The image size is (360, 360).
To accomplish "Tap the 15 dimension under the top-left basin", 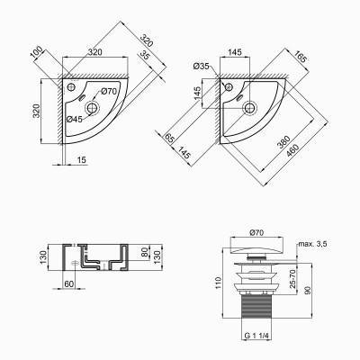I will pos(81,159).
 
